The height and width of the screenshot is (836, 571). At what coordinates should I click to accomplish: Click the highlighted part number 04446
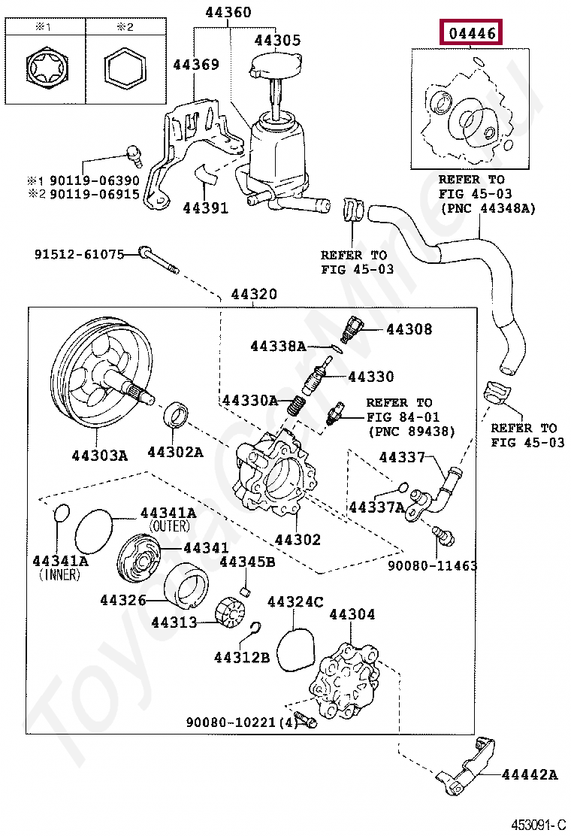click(x=472, y=34)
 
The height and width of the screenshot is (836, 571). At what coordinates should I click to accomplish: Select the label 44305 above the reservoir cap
click(x=276, y=41)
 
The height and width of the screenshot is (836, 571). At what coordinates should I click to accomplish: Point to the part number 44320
click(x=253, y=295)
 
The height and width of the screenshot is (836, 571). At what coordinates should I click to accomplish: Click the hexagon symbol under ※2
click(x=124, y=72)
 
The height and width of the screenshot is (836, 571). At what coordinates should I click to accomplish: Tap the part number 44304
click(x=352, y=615)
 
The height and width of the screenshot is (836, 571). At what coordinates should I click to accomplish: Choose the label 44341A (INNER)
click(x=60, y=568)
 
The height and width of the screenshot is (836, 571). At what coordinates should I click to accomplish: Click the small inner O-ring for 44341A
click(x=62, y=513)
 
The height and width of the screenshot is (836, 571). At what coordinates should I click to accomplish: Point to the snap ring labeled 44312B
click(x=255, y=630)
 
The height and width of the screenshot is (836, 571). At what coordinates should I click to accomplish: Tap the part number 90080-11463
click(x=432, y=565)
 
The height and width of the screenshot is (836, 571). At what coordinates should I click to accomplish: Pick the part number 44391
click(x=205, y=208)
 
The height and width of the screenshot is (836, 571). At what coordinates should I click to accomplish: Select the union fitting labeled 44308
click(x=352, y=326)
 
